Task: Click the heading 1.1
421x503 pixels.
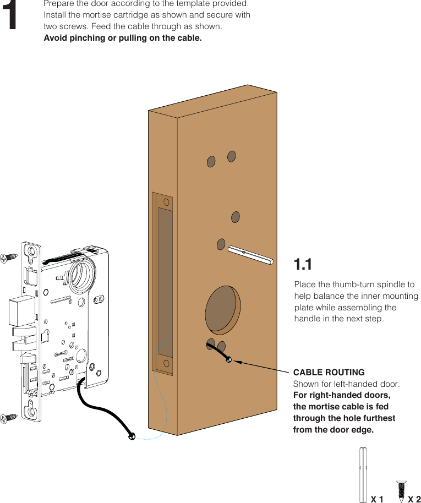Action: click(303, 265)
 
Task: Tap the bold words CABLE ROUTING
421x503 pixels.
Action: click(329, 373)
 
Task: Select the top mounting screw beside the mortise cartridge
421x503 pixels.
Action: click(10, 257)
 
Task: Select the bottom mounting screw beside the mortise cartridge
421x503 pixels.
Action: click(9, 418)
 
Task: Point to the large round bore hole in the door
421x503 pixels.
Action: click(222, 309)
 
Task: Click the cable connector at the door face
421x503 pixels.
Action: click(229, 360)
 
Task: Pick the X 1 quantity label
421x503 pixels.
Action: click(377, 499)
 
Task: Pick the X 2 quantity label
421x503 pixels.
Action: click(414, 499)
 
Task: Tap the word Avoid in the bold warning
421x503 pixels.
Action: click(55, 38)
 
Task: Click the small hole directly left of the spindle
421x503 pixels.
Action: click(221, 244)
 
